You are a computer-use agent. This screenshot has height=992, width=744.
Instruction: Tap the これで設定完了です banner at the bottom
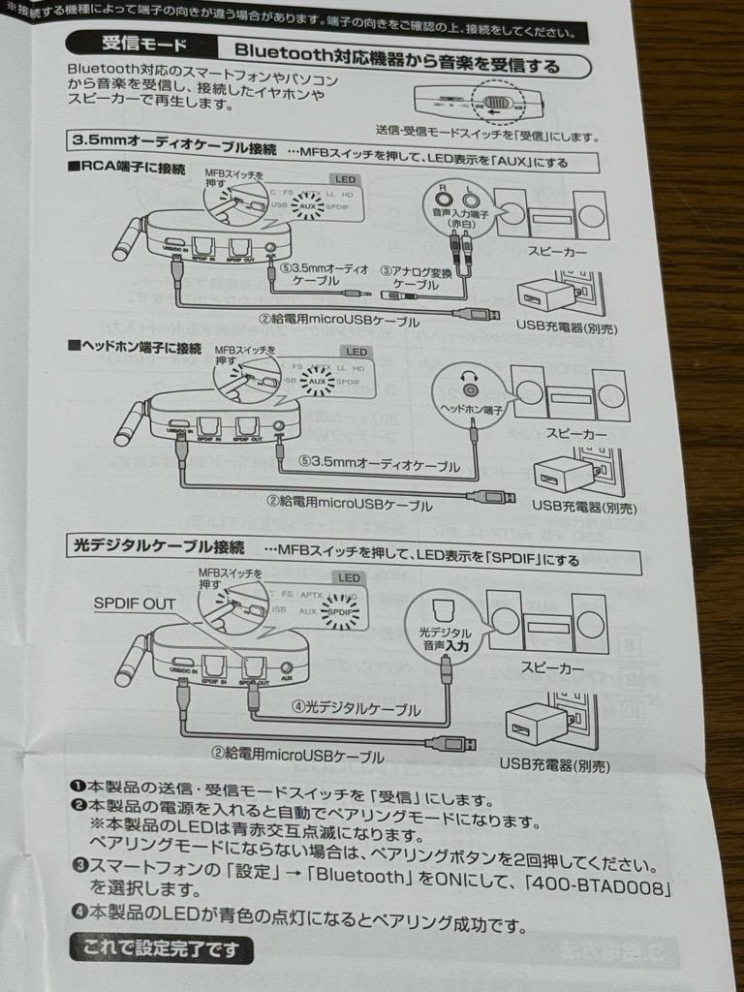point(162,949)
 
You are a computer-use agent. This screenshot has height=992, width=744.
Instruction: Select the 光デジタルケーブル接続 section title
point(161,545)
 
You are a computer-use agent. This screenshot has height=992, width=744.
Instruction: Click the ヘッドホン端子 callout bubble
point(470,391)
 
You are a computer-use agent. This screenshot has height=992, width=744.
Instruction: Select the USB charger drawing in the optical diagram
point(537,724)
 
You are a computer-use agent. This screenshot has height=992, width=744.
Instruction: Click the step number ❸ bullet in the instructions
point(77,864)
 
